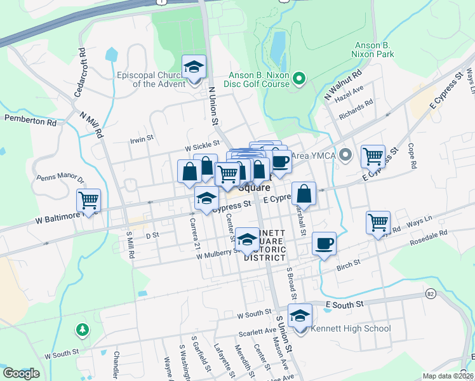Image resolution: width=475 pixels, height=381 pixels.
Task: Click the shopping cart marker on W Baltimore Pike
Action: [89, 201]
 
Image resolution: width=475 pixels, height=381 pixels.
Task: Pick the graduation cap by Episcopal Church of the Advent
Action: [194, 67]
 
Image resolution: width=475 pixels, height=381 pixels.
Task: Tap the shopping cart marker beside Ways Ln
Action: [378, 223]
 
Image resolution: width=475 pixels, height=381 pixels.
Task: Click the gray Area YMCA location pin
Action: [346, 154]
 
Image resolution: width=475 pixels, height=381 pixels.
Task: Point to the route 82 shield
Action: [431, 295]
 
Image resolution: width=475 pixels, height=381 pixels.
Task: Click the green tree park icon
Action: [82, 330]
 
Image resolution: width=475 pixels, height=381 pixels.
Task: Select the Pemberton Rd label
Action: [30, 119]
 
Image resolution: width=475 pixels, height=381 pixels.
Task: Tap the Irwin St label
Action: [142, 138]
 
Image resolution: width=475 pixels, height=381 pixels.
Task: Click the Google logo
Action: [21, 373]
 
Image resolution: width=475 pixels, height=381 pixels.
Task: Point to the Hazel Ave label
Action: [349, 93]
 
